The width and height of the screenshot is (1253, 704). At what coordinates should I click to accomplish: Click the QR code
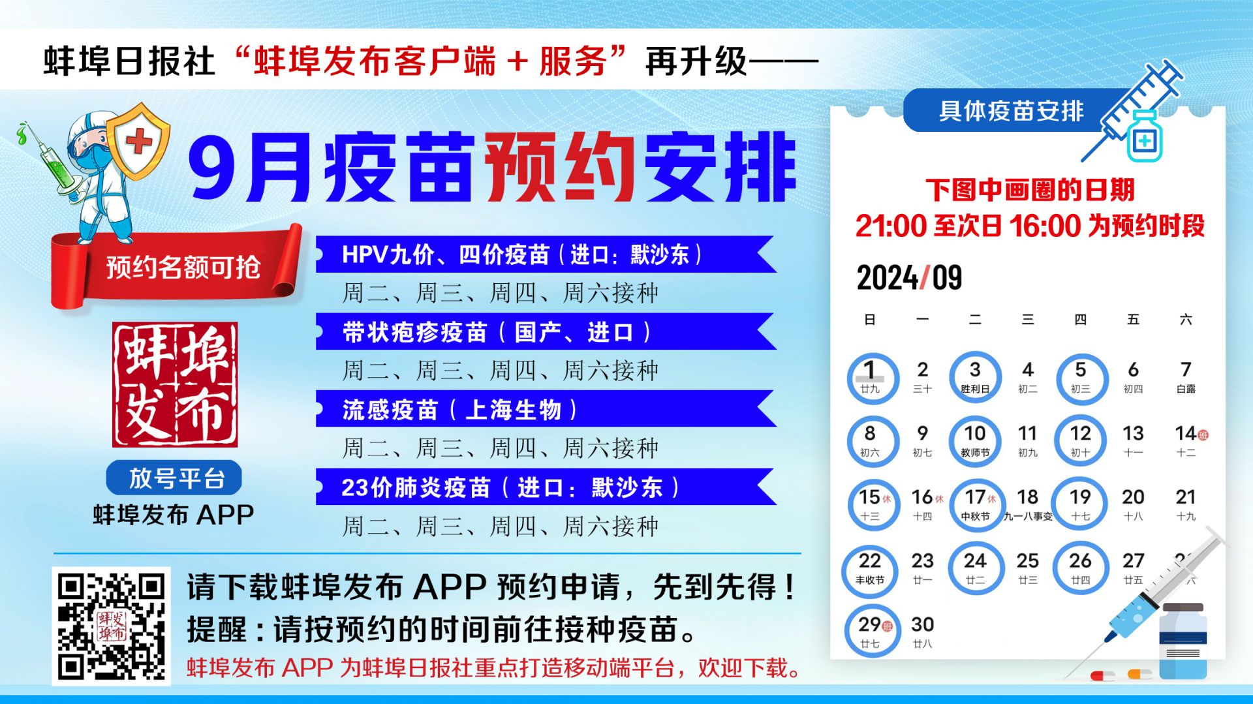pyautogui.click(x=111, y=626)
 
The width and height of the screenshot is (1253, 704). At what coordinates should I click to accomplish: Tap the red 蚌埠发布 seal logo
pyautogui.click(x=175, y=384)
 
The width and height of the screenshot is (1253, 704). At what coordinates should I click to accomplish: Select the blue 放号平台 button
pyautogui.click(x=174, y=478)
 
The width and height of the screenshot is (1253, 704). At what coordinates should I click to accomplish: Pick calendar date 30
pyautogui.click(x=922, y=632)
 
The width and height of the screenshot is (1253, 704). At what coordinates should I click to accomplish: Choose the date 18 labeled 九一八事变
pyautogui.click(x=1028, y=504)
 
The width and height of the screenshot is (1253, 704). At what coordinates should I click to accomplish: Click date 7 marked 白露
pyautogui.click(x=1186, y=377)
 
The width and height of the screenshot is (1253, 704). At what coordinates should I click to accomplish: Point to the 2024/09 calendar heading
pyautogui.click(x=909, y=277)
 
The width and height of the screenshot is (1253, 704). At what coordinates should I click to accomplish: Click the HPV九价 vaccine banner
pyautogui.click(x=546, y=254)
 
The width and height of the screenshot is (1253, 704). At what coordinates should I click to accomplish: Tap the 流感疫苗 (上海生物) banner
pyautogui.click(x=546, y=409)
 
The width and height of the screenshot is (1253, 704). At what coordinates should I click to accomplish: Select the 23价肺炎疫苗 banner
pyautogui.click(x=546, y=487)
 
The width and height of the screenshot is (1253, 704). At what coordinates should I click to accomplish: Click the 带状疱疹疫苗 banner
pyautogui.click(x=546, y=331)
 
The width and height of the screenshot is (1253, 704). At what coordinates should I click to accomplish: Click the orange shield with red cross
pyautogui.click(x=138, y=141)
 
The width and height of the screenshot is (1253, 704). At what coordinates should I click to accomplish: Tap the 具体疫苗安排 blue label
pyautogui.click(x=1010, y=110)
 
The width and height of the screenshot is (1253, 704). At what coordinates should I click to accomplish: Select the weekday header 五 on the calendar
pyautogui.click(x=1133, y=319)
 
